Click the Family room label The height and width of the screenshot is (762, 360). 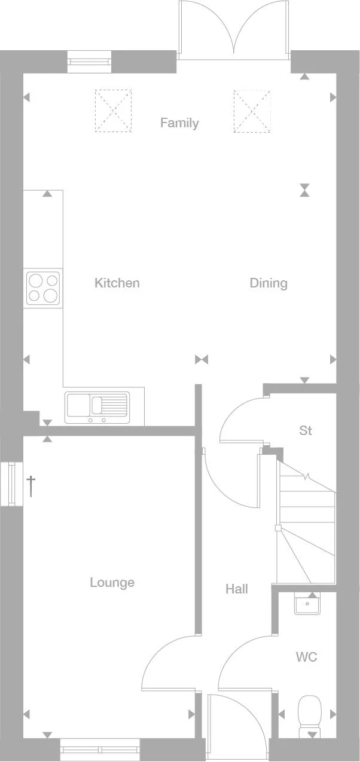click(179, 123)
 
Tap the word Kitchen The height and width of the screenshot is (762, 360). click(117, 283)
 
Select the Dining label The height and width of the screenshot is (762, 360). click(269, 283)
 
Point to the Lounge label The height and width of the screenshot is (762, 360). click(112, 582)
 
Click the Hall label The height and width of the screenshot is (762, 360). click(237, 589)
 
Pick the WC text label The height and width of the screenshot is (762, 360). click(306, 657)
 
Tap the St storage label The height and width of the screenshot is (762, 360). click(306, 430)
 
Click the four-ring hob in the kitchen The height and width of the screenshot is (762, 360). click(42, 287)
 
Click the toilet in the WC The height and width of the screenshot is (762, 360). click(310, 715)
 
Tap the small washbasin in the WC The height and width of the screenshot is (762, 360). click(307, 604)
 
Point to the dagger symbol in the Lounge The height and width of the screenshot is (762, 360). click(31, 485)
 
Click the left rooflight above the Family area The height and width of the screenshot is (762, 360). click(113, 110)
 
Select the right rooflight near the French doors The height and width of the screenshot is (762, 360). click(251, 110)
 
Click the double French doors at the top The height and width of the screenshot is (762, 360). click(234, 30)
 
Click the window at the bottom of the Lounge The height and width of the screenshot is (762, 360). click(100, 749)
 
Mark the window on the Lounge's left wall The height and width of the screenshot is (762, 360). click(10, 484)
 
